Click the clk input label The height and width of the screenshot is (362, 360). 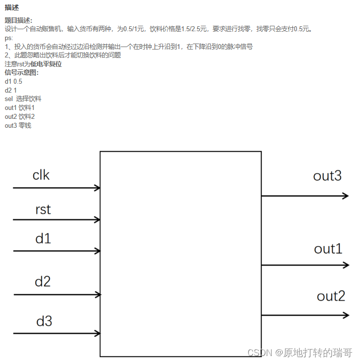click(41, 175)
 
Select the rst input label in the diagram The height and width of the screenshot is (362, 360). click(43, 209)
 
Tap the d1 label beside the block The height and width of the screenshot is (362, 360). click(43, 239)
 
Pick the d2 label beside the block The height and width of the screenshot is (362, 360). click(43, 282)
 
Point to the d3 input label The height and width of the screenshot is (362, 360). click(44, 321)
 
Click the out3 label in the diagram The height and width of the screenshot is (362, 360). click(327, 176)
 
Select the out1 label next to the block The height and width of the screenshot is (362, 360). click(328, 249)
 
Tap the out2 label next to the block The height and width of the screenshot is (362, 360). click(331, 296)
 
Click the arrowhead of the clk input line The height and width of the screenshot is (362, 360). click(97, 188)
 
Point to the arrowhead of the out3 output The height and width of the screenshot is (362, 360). click(346, 196)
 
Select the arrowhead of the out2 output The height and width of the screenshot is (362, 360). click(346, 315)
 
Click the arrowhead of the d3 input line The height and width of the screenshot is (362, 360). click(97, 334)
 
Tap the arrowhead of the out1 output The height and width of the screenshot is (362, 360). click(346, 265)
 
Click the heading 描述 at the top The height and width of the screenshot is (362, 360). click(11, 7)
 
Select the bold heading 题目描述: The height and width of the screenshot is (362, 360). click(18, 20)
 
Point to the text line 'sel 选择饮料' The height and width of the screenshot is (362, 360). click(23, 99)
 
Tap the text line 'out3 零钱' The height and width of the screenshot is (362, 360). click(18, 125)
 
